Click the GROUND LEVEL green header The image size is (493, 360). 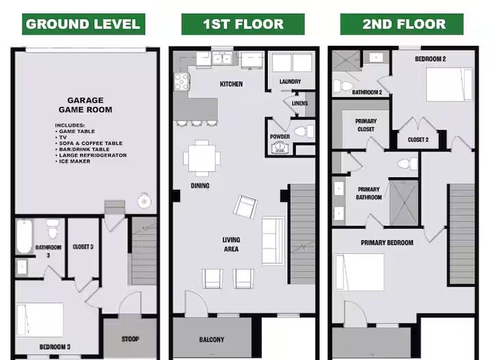(84, 24)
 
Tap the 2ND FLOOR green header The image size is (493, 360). (402, 24)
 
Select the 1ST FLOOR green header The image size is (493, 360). (242, 24)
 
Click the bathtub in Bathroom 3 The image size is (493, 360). (24, 236)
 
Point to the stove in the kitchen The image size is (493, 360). (181, 81)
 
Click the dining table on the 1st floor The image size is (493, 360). (202, 158)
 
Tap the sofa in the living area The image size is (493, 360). (273, 241)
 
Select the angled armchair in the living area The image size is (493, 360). (245, 207)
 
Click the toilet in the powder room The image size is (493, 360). (304, 131)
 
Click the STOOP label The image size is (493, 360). (130, 339)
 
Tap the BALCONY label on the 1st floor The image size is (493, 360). (212, 339)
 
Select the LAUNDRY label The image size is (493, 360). (290, 81)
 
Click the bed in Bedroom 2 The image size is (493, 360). (450, 84)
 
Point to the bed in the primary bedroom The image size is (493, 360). (359, 272)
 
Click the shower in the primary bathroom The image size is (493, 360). (404, 203)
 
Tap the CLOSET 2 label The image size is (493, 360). (418, 140)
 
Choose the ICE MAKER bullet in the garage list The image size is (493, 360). (73, 161)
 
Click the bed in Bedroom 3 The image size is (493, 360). (40, 320)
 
